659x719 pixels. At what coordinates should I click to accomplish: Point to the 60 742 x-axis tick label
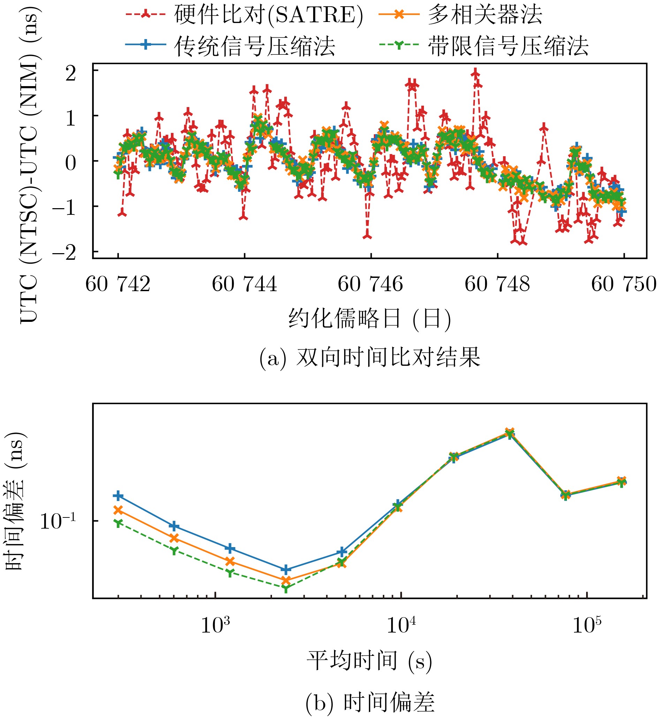tap(118, 285)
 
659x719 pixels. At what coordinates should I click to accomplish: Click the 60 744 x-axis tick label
tap(244, 285)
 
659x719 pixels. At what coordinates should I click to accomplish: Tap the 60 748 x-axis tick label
tap(497, 285)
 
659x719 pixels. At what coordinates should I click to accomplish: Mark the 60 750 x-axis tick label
tap(624, 285)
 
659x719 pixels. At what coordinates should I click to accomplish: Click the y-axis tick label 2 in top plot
tap(70, 74)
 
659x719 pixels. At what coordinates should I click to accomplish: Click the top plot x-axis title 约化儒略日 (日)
tap(370, 318)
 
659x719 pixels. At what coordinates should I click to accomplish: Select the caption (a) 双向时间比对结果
tap(370, 358)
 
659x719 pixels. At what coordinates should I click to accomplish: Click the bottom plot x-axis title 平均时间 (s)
tap(370, 660)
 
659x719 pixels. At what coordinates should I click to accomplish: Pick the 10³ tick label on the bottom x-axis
tap(215, 625)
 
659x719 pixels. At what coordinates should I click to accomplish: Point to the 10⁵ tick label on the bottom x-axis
tap(587, 625)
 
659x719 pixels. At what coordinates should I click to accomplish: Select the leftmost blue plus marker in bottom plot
tap(119, 496)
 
